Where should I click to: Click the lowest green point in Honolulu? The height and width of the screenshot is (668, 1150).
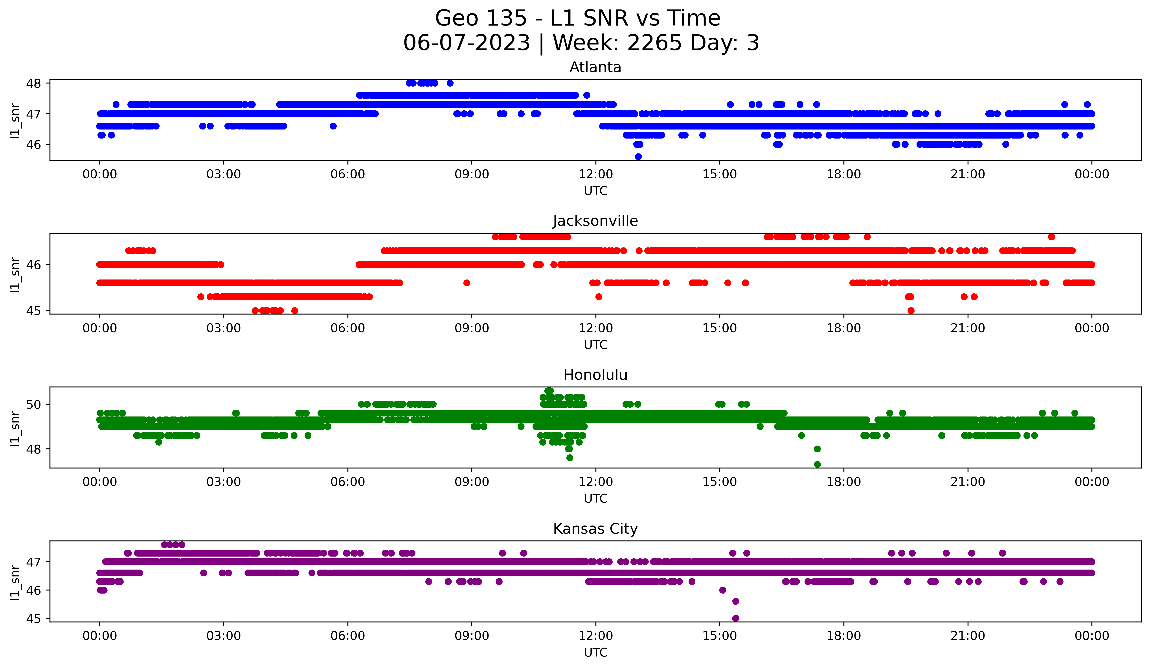[817, 464]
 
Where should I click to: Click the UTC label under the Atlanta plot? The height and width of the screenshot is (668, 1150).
[595, 191]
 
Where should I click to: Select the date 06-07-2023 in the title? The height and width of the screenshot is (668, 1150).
[466, 43]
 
